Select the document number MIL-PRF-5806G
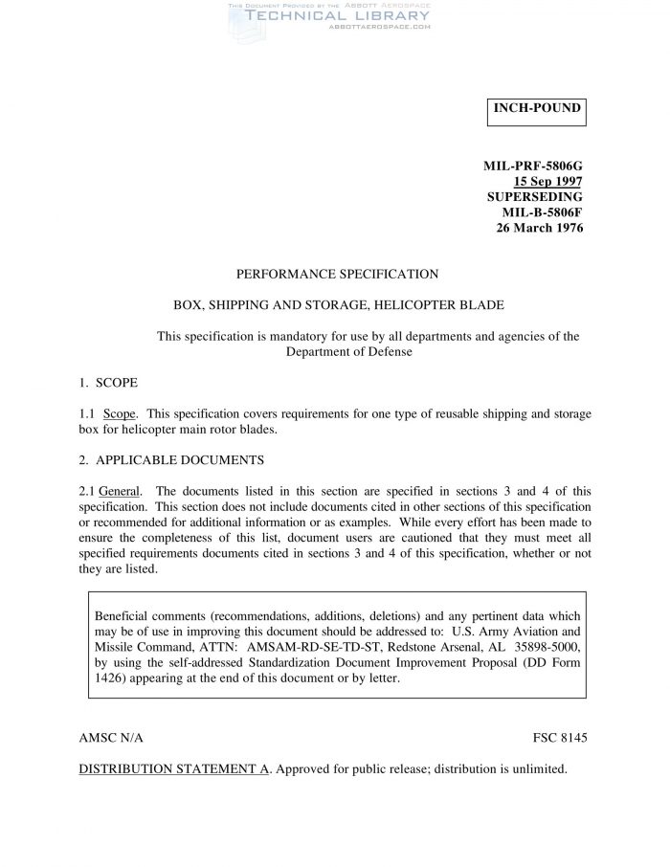[533, 167]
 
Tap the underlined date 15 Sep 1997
[548, 182]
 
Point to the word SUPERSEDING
[535, 197]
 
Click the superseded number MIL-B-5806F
[543, 212]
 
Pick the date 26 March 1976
[540, 228]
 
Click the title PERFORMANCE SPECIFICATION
[337, 274]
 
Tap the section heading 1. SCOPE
[108, 383]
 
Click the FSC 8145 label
[559, 739]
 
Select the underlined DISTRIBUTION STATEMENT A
[173, 768]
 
